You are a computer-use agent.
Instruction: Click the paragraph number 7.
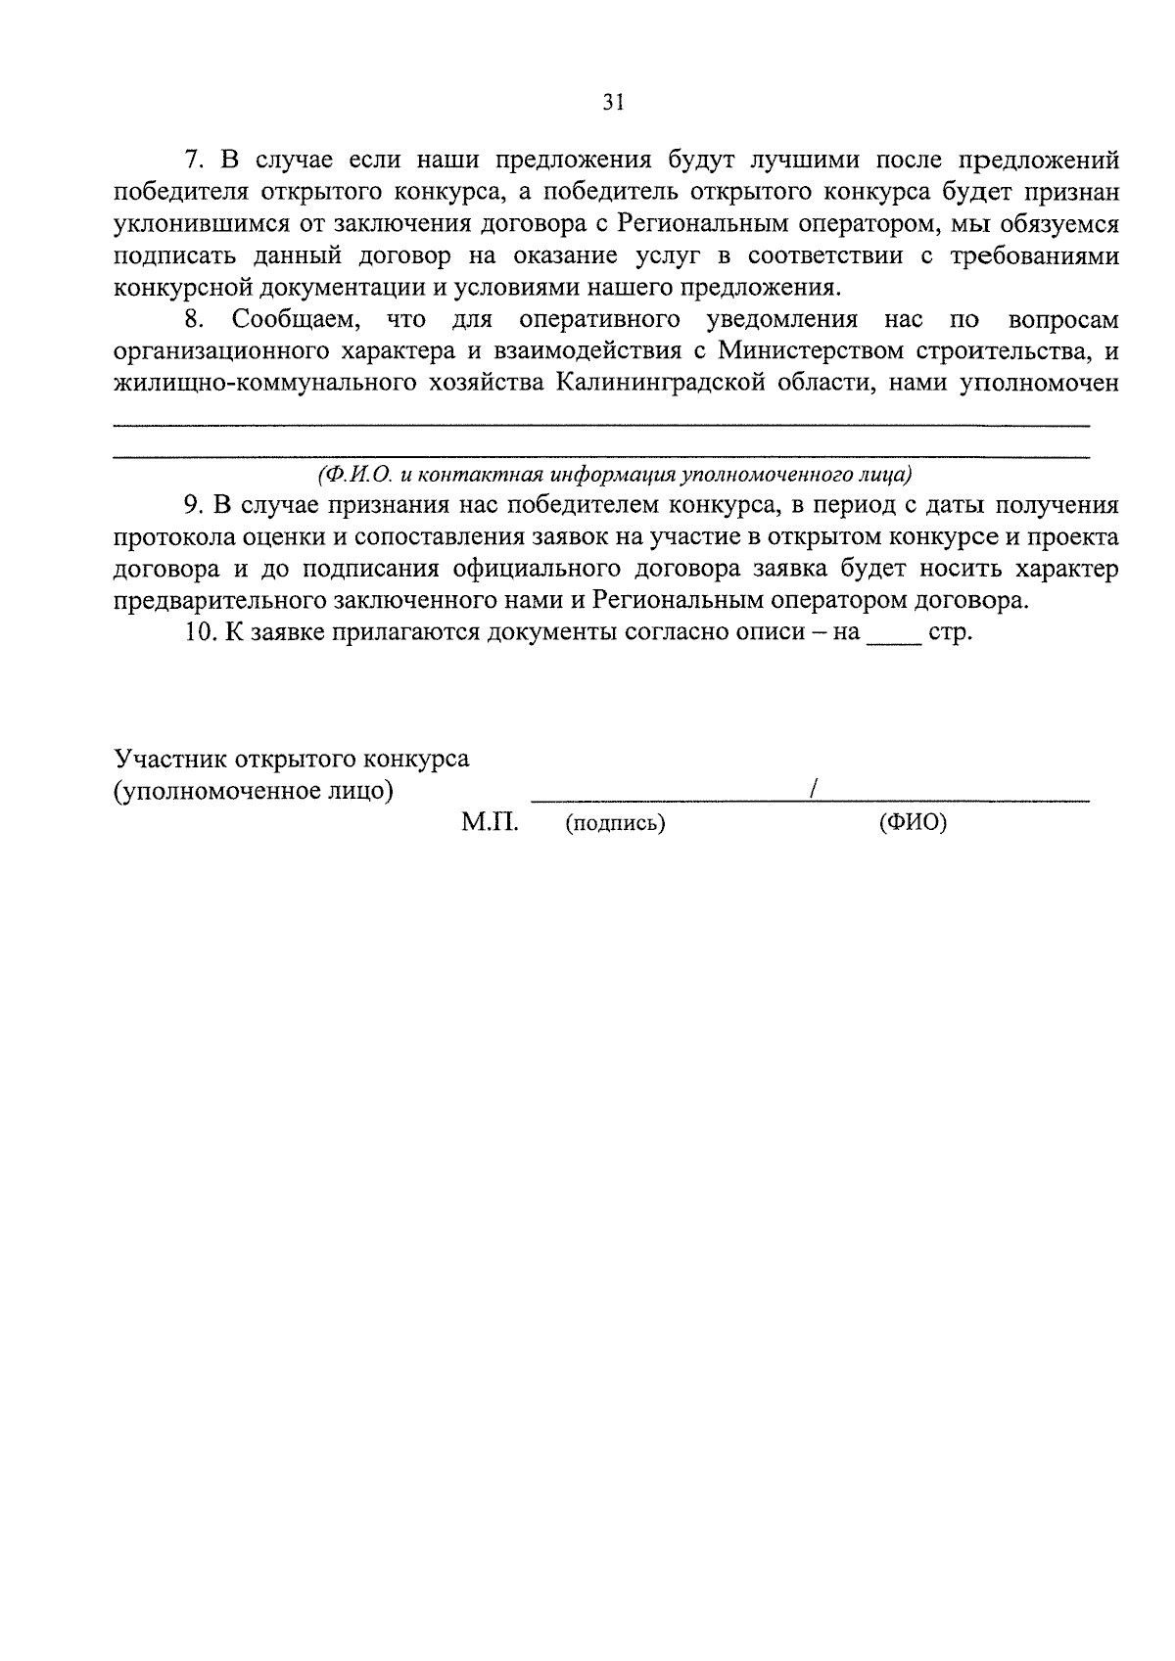(192, 160)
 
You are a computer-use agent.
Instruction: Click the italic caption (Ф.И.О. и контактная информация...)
(614, 475)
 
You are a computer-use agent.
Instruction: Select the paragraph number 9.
(192, 506)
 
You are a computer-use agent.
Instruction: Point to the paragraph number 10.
(198, 632)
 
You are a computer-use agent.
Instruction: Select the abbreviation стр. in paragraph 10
(950, 633)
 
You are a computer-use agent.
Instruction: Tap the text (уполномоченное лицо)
(254, 791)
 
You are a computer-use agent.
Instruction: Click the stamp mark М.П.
(490, 823)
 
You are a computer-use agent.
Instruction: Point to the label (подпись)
(615, 824)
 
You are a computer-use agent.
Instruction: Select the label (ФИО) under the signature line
(913, 823)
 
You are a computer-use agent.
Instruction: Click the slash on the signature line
(815, 790)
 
